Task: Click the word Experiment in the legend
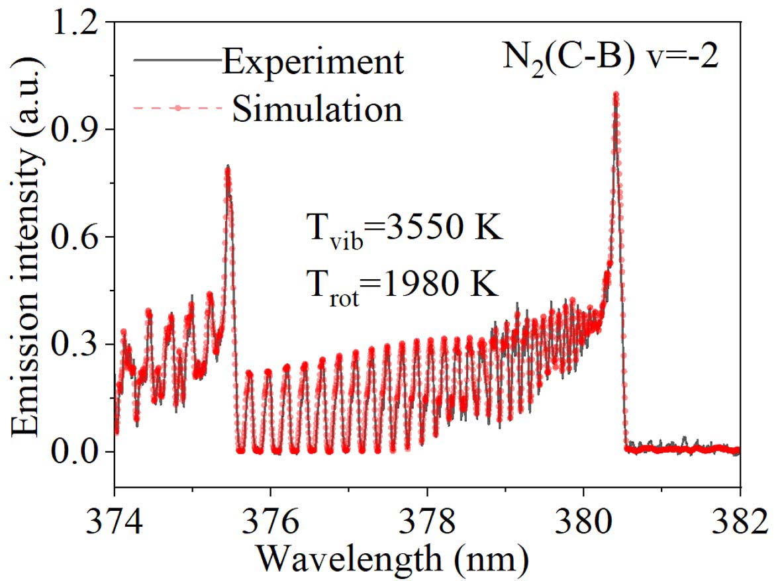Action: coord(313,63)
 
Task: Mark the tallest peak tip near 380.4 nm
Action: coord(616,95)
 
